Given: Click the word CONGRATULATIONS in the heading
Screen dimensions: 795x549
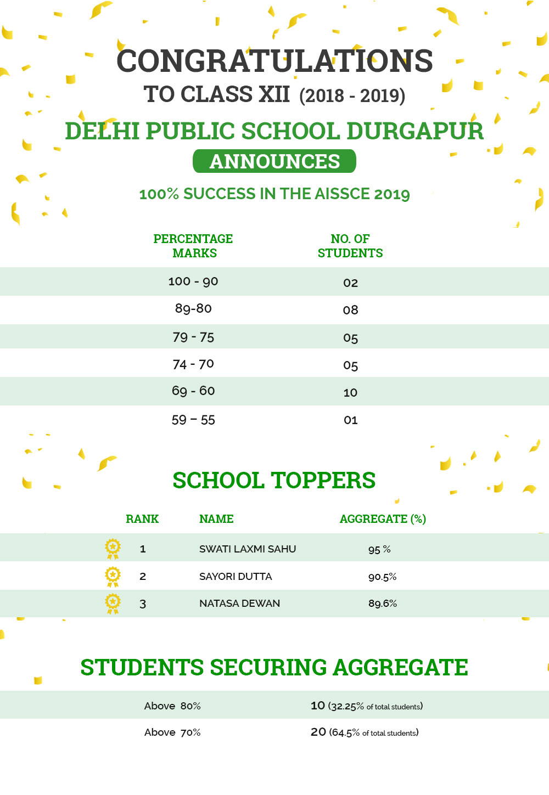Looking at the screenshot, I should pyautogui.click(x=274, y=61).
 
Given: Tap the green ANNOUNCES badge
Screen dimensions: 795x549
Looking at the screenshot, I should pyautogui.click(x=274, y=161).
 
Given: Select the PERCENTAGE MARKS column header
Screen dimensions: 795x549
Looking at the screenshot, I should pyautogui.click(x=193, y=246).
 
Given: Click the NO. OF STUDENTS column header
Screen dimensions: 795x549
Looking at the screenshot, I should pyautogui.click(x=350, y=246).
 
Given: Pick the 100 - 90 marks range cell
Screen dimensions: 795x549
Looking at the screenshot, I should pyautogui.click(x=193, y=281).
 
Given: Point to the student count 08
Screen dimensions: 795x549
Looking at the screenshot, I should pyautogui.click(x=350, y=310).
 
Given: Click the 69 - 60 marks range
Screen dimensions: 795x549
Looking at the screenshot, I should pyautogui.click(x=193, y=391).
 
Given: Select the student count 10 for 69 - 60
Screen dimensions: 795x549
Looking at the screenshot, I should pyautogui.click(x=350, y=392).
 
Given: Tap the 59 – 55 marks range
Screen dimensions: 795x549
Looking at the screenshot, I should pyautogui.click(x=193, y=420).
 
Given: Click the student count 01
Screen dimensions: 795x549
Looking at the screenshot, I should pyautogui.click(x=350, y=420).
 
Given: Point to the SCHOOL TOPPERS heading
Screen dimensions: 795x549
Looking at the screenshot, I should pyautogui.click(x=274, y=480).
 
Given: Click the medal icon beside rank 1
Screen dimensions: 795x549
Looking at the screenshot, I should pyautogui.click(x=113, y=548).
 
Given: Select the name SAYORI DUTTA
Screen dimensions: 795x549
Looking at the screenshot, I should pyautogui.click(x=236, y=576).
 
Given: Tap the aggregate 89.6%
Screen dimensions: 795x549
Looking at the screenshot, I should pyautogui.click(x=383, y=604).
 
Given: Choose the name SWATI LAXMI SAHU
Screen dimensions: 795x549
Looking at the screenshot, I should pyautogui.click(x=248, y=549).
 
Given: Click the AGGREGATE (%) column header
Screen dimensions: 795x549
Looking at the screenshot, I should pyautogui.click(x=383, y=518).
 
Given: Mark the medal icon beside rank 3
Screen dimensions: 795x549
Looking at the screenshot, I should pyautogui.click(x=113, y=603).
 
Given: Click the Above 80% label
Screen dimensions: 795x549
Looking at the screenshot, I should pyautogui.click(x=172, y=706).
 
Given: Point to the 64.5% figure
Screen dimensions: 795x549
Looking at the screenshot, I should pyautogui.click(x=346, y=732).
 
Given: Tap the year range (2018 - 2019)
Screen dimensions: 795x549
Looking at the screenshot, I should pyautogui.click(x=352, y=95).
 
